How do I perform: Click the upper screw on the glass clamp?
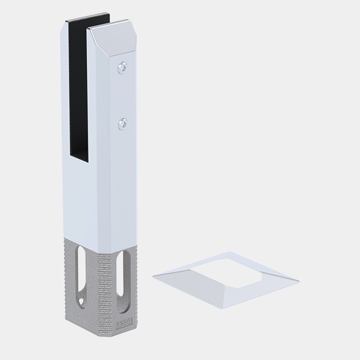click(123, 67)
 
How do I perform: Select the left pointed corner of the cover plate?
click(154, 276)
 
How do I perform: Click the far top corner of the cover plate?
click(229, 252)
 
